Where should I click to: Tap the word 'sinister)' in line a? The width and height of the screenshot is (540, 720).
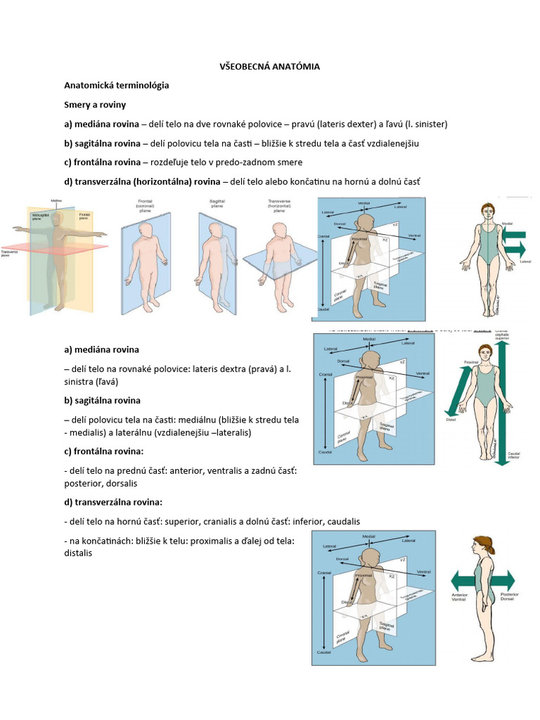point(428,124)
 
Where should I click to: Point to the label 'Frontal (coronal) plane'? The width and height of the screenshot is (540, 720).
point(146,205)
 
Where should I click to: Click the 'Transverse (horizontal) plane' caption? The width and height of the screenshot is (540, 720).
point(279,205)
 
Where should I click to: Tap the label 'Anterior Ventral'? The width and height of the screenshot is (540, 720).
point(459,597)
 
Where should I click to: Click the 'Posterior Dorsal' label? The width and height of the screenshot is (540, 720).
point(509,597)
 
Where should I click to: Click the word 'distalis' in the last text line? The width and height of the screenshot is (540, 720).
point(78,553)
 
